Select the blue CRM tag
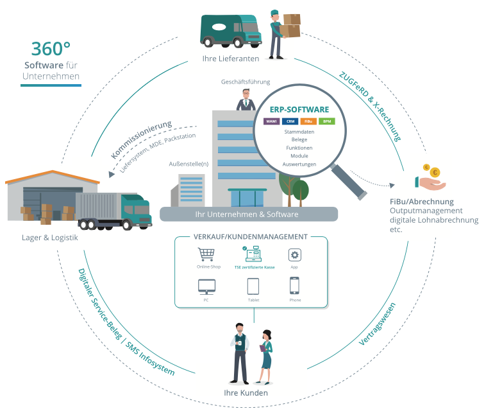coord(290,121)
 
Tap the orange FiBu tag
coord(308,121)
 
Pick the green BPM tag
coord(326,121)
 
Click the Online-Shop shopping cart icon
coord(206,255)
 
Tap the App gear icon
coord(295,254)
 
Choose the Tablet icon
coord(253,286)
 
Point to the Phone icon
coord(295,286)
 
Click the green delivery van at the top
coord(229,30)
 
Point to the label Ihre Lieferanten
coord(230,59)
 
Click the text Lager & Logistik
coord(50,238)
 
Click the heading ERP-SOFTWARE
coord(299,110)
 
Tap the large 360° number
coord(51,49)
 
